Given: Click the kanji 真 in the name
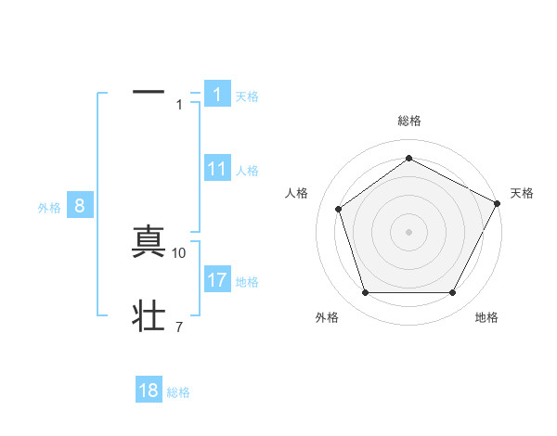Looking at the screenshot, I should [149, 242].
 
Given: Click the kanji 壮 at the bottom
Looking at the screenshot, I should [149, 316].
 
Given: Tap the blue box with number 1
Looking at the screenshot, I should [217, 95].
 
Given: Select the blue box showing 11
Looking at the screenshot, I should [217, 169].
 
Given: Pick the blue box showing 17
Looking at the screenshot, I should [217, 280].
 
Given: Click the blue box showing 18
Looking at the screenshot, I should [149, 391].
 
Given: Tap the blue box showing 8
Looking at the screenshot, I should [80, 207].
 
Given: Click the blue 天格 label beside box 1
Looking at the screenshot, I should [247, 96].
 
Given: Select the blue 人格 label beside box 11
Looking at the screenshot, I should [247, 171].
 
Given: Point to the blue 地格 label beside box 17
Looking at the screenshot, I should [247, 282].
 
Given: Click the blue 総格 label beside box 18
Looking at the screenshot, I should [178, 392].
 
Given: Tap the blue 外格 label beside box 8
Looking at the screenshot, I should [49, 209].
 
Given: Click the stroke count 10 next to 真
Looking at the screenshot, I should [179, 252].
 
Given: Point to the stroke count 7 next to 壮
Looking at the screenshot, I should [178, 327].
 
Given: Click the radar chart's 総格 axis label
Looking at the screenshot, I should [409, 121].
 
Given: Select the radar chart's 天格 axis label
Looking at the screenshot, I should [522, 193].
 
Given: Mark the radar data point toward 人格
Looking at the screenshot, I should [339, 209].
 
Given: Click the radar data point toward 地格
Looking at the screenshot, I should [452, 293].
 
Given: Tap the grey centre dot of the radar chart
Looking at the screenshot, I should [409, 231].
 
